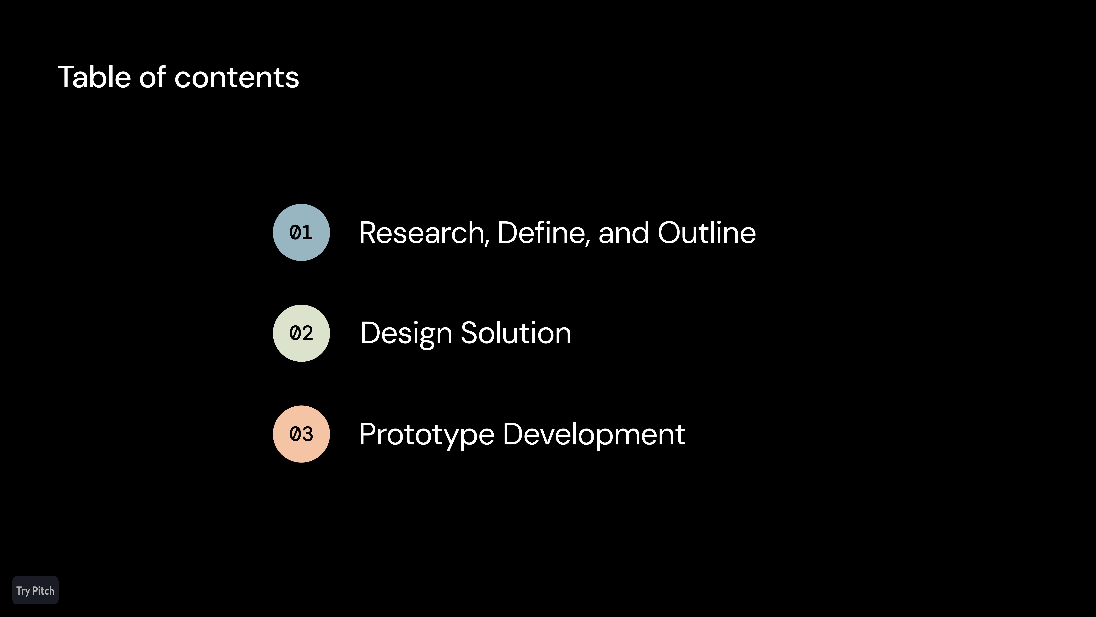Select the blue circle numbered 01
click(x=301, y=233)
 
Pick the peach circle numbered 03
click(x=301, y=434)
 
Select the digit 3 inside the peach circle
click(x=308, y=434)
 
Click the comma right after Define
click(x=588, y=243)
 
